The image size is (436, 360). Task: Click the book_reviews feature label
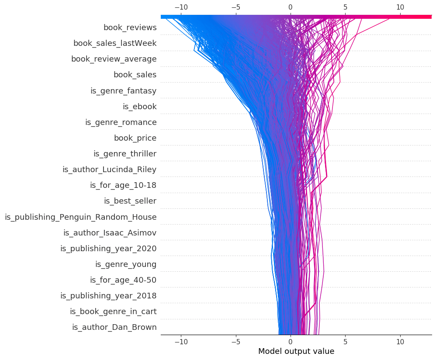[x=130, y=28]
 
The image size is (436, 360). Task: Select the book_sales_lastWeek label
[x=115, y=43]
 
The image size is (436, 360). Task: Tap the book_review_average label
[x=114, y=59]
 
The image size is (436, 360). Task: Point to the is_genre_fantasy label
[x=123, y=91]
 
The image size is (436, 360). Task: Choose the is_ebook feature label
[x=139, y=107]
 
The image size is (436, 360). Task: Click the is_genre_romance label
[x=121, y=122]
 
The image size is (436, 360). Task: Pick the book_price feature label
[x=135, y=138]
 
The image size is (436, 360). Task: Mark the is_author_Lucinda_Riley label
[x=109, y=170]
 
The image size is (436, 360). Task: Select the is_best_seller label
[x=130, y=201]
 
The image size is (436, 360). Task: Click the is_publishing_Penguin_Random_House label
[x=80, y=217]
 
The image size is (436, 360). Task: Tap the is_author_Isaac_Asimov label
[x=110, y=232]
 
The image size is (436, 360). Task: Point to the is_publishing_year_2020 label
[x=108, y=249]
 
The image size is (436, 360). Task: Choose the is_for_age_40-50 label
[x=123, y=280]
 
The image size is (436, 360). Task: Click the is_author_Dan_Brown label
[x=114, y=327]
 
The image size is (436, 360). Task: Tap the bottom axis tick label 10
[x=400, y=341]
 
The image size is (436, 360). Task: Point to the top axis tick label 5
[x=345, y=7]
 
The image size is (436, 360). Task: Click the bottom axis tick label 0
[x=290, y=341]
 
